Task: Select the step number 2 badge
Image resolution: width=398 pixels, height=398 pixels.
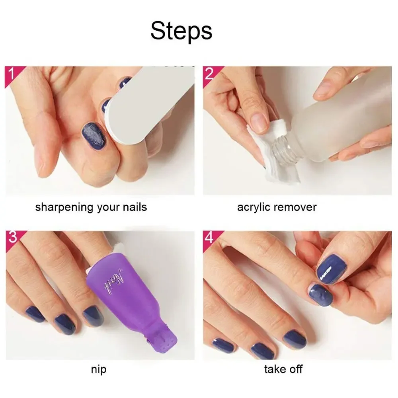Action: click(209, 74)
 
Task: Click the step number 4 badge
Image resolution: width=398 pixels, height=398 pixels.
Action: click(209, 238)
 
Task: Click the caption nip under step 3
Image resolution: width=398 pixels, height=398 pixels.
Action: click(98, 370)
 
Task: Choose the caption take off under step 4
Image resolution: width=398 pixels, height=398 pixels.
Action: click(283, 370)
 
